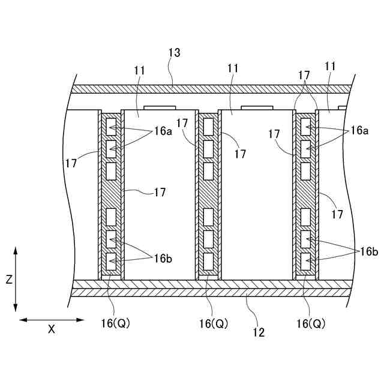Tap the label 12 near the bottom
pyautogui.click(x=259, y=331)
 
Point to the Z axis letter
pyautogui.click(x=8, y=280)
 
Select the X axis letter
pyautogui.click(x=52, y=329)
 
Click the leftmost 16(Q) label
pyautogui.click(x=115, y=323)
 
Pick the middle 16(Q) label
pyautogui.click(x=214, y=323)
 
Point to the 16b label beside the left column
pyautogui.click(x=164, y=259)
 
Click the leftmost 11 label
pyautogui.click(x=140, y=70)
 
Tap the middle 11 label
pyautogui.click(x=233, y=69)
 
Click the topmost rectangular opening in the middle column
pyautogui.click(x=208, y=126)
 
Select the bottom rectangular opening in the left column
pyautogui.click(x=111, y=261)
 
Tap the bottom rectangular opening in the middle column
pyautogui.click(x=208, y=261)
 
